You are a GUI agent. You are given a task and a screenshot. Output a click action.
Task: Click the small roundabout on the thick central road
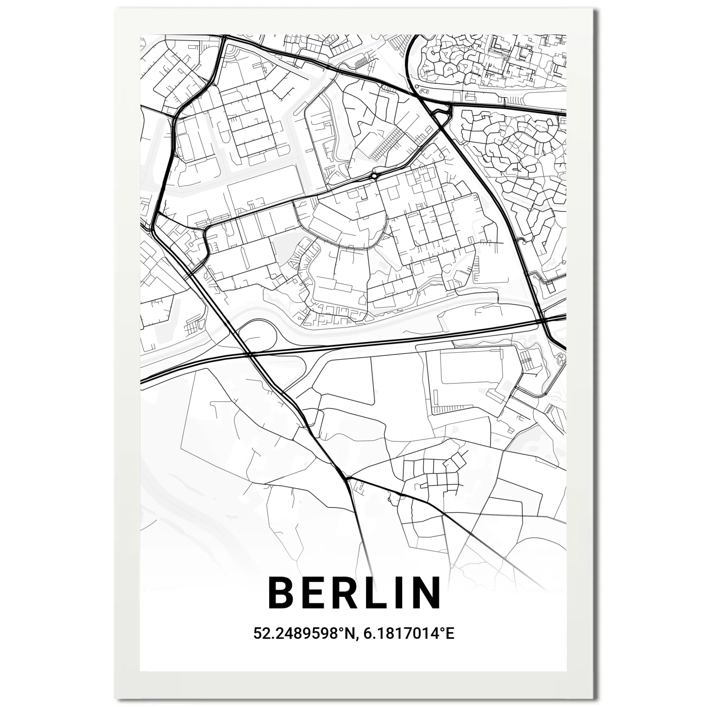[374, 176]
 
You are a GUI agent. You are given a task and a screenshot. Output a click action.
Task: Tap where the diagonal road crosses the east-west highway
[250, 354]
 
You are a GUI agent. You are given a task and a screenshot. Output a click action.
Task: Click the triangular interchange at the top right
[441, 114]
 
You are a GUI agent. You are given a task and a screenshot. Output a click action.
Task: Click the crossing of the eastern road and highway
[544, 320]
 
